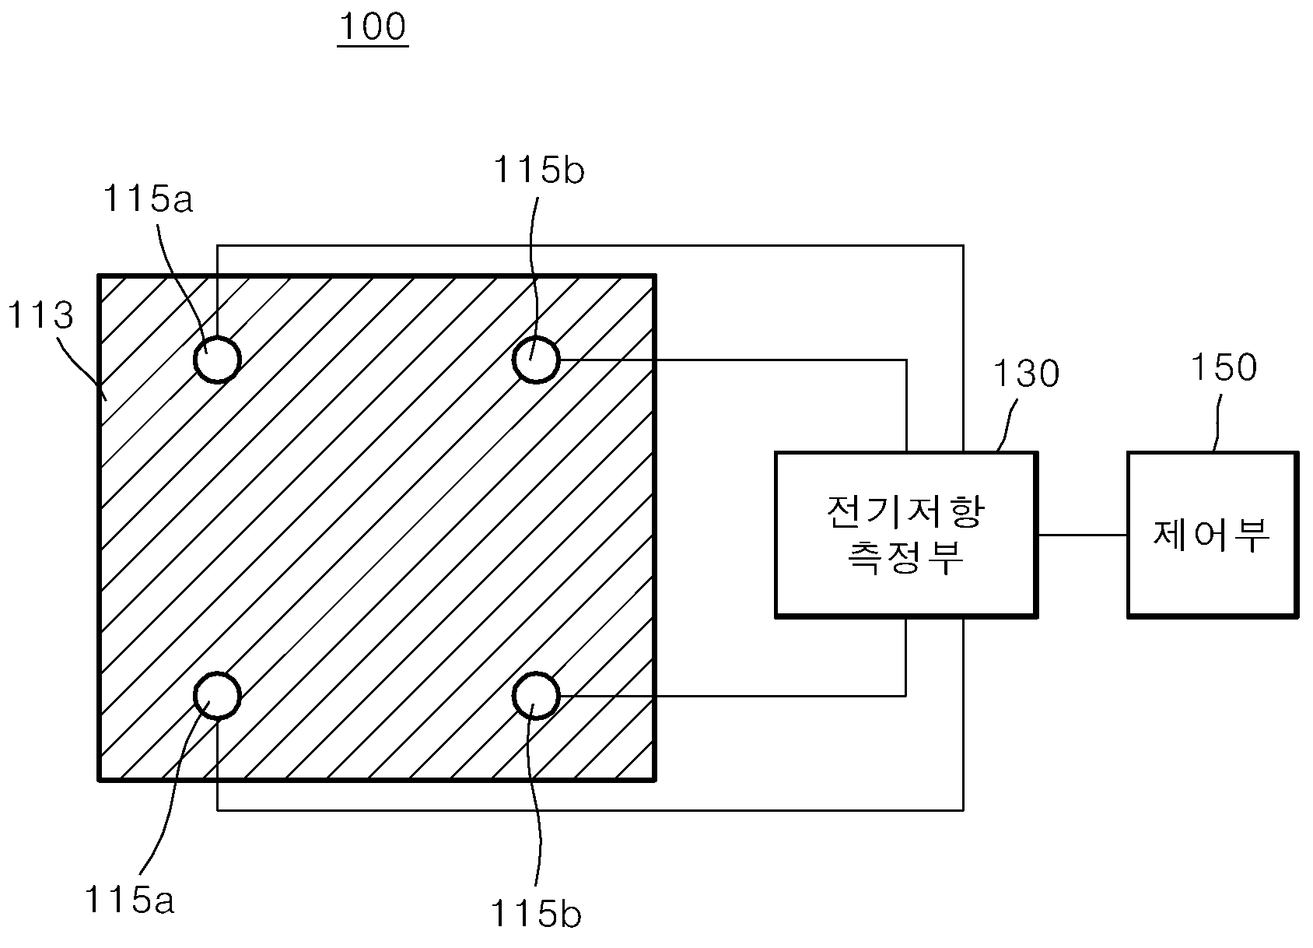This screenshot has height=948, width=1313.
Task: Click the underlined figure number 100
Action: coord(373,27)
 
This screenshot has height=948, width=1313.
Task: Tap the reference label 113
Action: coord(40,314)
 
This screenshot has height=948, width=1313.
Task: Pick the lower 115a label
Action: coord(130,899)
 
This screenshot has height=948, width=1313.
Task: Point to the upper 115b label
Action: coord(539,170)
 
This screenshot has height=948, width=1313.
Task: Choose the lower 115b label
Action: coord(537,914)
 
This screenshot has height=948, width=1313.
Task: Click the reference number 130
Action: coord(1027,373)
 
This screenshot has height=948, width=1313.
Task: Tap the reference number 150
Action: coord(1224,367)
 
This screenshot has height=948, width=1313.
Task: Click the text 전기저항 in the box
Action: coord(905,512)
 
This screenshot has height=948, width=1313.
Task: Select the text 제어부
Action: coord(1212,535)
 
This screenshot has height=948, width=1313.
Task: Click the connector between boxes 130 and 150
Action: coord(1083,535)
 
